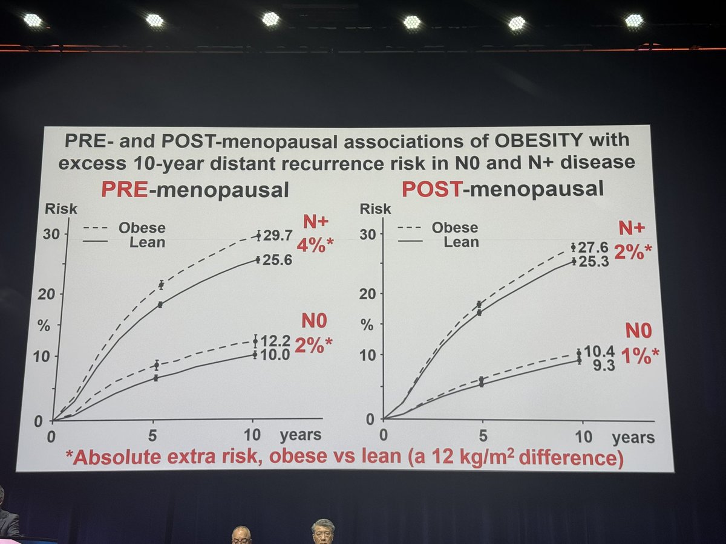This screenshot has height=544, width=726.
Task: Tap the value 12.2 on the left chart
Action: pyautogui.click(x=275, y=342)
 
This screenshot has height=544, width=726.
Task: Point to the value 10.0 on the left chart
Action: pyautogui.click(x=275, y=355)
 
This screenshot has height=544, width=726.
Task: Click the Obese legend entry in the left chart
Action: pyautogui.click(x=142, y=228)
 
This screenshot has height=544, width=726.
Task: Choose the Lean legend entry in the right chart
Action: pyautogui.click(x=461, y=242)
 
